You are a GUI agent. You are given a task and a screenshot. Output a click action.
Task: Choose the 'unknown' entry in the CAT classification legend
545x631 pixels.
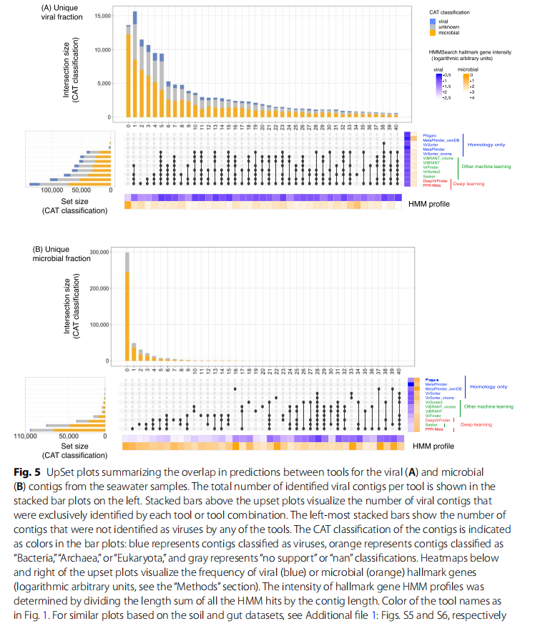tap(450, 26)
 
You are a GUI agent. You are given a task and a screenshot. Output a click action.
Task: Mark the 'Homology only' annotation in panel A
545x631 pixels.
tap(486, 145)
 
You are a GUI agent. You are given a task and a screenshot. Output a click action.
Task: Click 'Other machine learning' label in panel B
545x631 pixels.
tap(489, 406)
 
